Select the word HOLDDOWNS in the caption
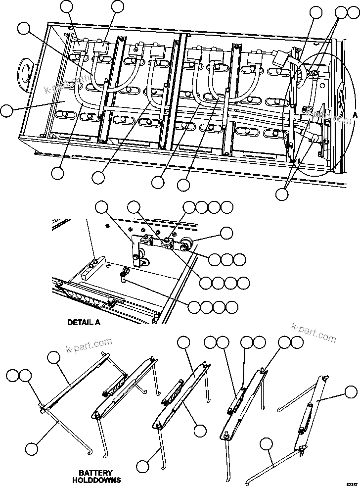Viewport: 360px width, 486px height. [96, 480]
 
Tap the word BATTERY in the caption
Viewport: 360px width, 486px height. [96, 473]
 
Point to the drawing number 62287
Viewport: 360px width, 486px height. [351, 482]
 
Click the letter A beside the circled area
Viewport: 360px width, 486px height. [355, 114]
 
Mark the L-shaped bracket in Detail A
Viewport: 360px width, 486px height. [135, 250]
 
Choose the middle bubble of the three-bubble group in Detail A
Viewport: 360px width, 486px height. [226, 259]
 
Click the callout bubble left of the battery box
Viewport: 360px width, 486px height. [6, 110]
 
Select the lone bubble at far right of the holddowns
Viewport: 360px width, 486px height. [351, 393]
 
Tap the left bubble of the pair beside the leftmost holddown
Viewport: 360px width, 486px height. [12, 376]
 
